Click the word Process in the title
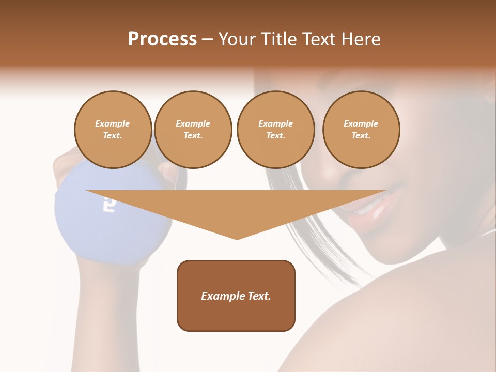pos(162,39)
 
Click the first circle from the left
pos(113,130)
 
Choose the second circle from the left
pos(193,130)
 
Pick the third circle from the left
pos(275,130)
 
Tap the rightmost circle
pos(361,130)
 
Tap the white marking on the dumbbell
pos(109,204)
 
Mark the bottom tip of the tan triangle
pos(237,238)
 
